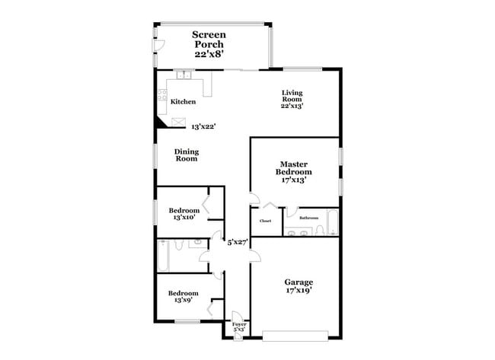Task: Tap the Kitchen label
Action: tap(183, 102)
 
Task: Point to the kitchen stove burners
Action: tap(162, 96)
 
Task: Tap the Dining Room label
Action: tap(187, 155)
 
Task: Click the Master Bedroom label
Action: tap(293, 172)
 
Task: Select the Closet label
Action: tap(265, 221)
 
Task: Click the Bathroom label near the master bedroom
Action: tap(308, 218)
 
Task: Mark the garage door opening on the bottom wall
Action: tap(295, 334)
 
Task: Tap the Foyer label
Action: tap(239, 327)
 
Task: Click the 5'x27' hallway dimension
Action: tap(238, 243)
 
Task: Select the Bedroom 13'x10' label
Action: tap(184, 214)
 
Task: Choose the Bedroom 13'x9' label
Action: tap(184, 297)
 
